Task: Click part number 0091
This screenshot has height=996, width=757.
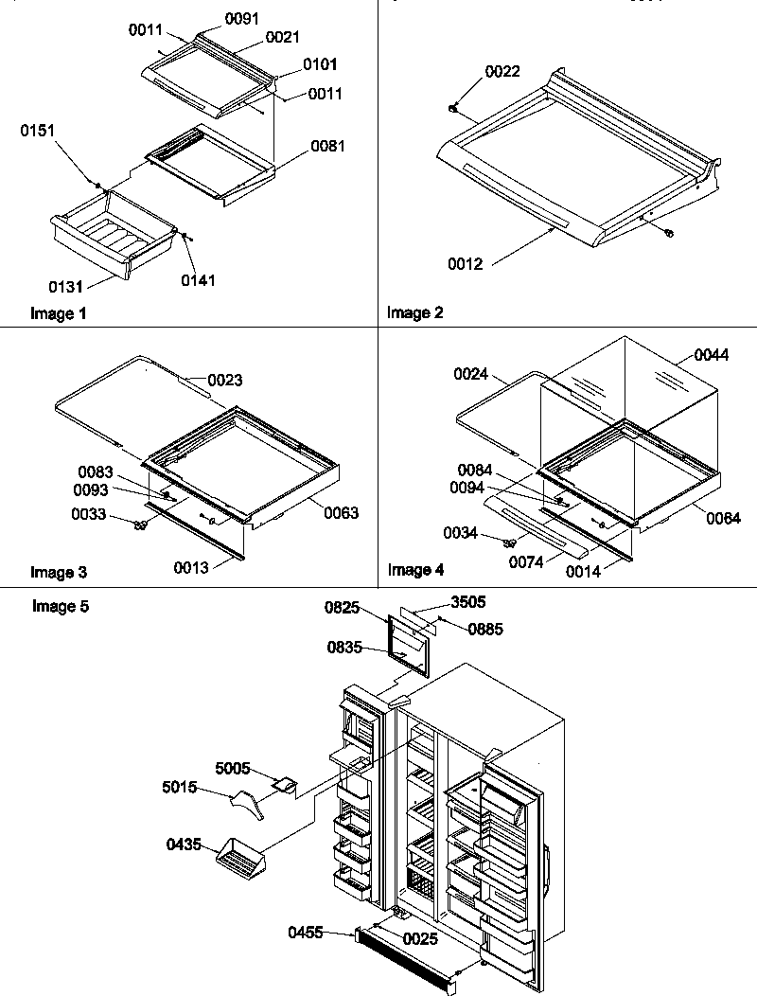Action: click(241, 18)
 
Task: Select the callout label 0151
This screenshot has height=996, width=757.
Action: click(37, 132)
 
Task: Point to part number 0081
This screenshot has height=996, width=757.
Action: click(327, 147)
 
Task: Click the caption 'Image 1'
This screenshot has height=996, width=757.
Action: click(58, 313)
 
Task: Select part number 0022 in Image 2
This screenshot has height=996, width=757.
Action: click(502, 72)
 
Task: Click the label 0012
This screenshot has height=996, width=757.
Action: click(466, 264)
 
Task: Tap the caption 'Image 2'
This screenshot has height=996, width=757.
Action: click(414, 311)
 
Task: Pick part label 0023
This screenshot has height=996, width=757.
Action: click(225, 381)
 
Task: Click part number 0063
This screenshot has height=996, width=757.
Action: click(342, 513)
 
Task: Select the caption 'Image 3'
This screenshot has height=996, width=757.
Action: click(59, 572)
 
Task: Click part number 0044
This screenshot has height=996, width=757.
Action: click(712, 355)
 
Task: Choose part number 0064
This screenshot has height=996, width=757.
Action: click(723, 518)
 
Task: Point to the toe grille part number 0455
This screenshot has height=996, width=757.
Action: click(307, 934)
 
